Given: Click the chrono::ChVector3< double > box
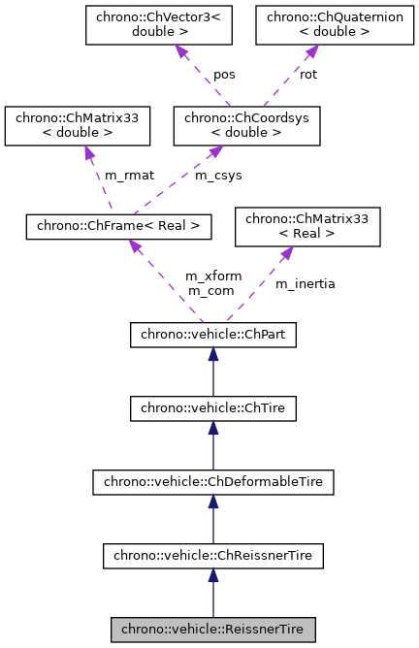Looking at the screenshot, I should click(x=142, y=24).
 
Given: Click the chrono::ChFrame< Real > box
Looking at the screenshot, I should click(x=118, y=226).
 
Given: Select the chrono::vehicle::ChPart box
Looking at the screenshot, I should click(x=212, y=335).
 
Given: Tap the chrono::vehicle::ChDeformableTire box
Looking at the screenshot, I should click(x=212, y=482).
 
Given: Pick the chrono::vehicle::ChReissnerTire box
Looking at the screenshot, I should click(x=212, y=556).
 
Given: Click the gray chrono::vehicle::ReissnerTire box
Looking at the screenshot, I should click(x=212, y=630).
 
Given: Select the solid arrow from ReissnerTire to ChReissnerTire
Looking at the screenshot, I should click(x=212, y=593).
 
